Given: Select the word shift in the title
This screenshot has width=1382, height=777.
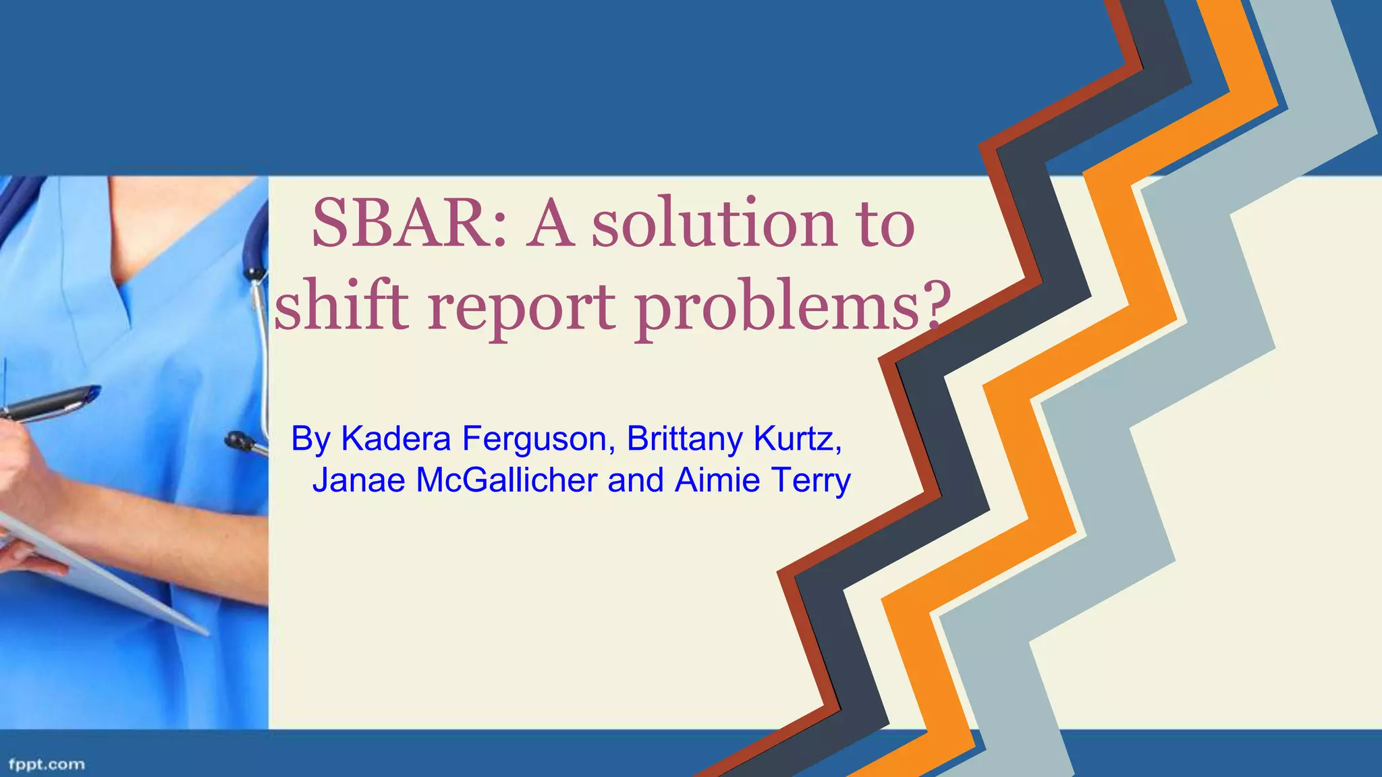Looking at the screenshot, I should tap(341, 307).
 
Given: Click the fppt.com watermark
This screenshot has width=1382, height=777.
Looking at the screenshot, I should tap(47, 764).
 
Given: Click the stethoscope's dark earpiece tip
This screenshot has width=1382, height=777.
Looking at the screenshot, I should tap(237, 441).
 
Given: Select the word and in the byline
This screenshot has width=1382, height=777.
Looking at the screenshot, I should tap(636, 480).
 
